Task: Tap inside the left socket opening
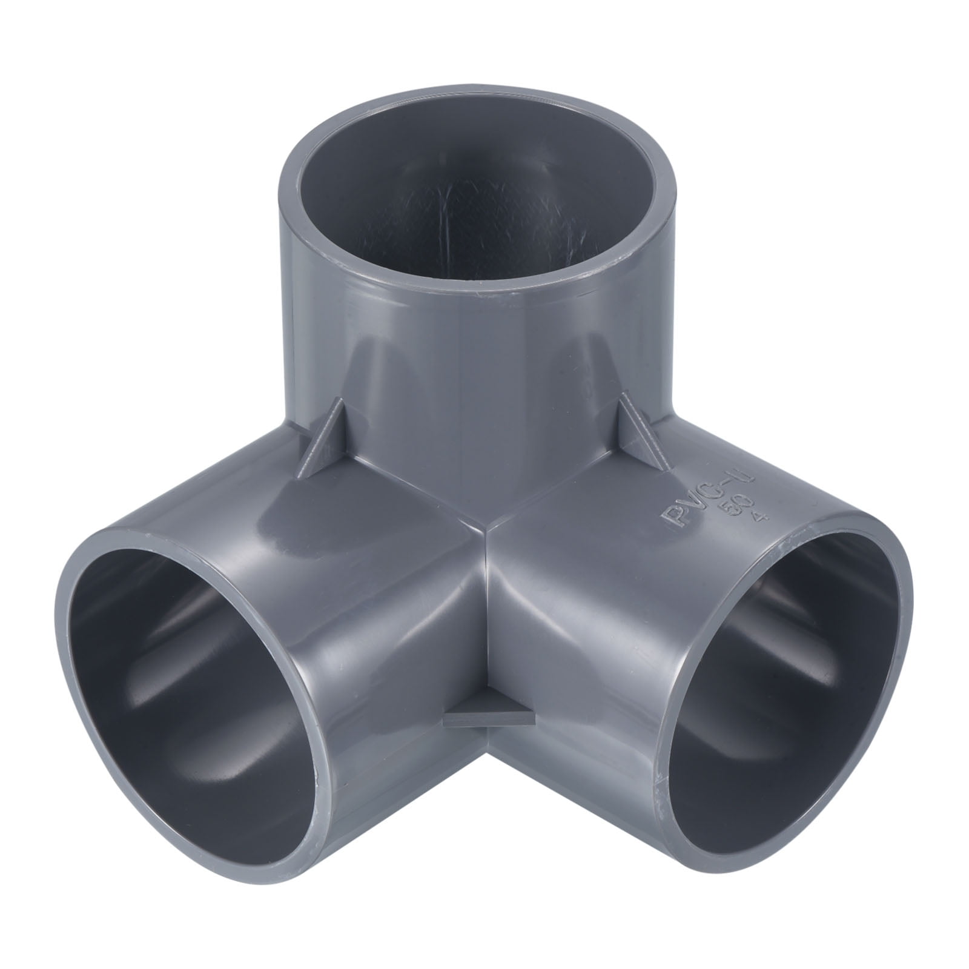coord(182,654)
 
